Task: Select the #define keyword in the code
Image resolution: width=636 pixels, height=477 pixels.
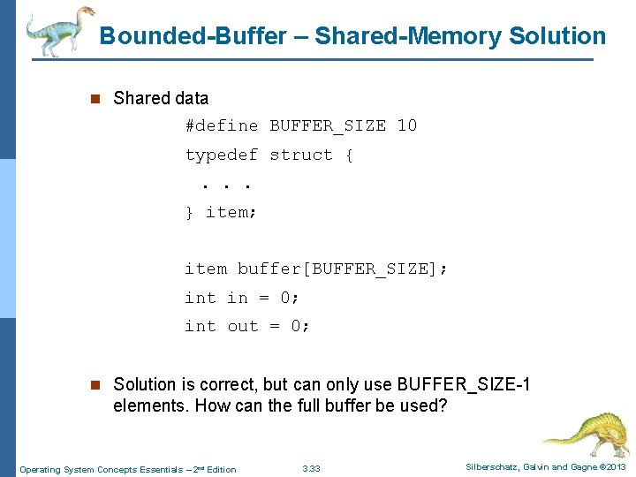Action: click(x=221, y=125)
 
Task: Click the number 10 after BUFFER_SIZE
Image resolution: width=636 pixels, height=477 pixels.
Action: click(x=406, y=125)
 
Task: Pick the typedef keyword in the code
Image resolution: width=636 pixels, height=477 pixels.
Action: click(x=221, y=155)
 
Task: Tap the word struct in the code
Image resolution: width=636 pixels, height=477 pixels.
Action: click(x=301, y=155)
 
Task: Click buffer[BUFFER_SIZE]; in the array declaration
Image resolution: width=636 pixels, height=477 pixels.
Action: click(x=343, y=269)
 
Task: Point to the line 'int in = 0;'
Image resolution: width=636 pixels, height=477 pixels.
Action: click(x=243, y=298)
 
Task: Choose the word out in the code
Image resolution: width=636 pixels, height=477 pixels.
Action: click(x=243, y=326)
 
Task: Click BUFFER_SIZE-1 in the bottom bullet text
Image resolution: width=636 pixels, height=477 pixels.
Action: click(x=464, y=384)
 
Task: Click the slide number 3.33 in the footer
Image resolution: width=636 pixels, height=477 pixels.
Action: click(x=312, y=469)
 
